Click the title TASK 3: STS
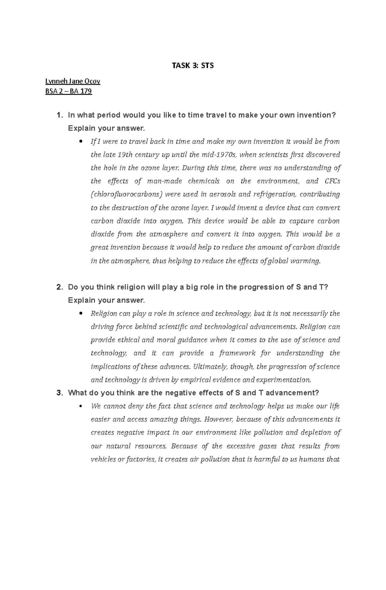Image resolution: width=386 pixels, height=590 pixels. click(x=193, y=66)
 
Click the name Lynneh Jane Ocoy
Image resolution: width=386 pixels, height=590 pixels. click(x=73, y=81)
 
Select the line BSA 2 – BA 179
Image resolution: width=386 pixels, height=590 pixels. click(x=69, y=91)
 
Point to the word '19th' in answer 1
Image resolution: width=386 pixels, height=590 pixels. click(x=125, y=155)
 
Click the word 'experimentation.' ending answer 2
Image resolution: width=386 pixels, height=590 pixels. click(x=284, y=380)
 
